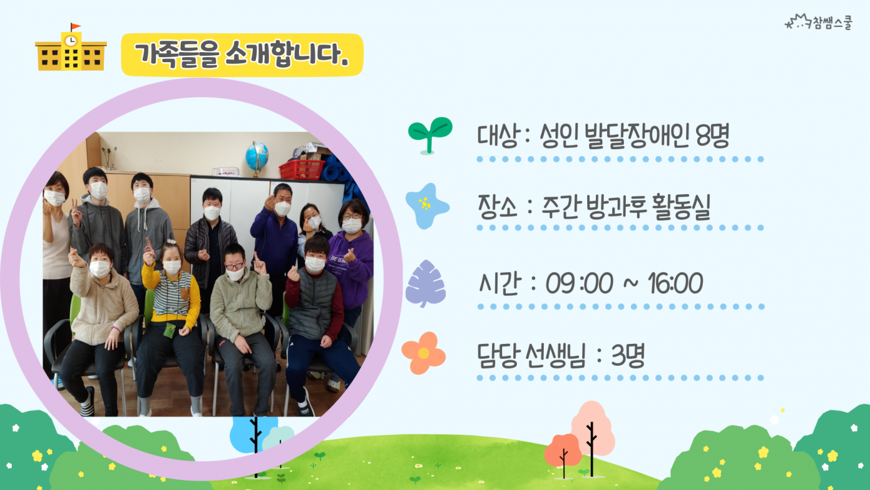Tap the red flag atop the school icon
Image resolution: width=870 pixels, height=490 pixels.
tap(75, 27)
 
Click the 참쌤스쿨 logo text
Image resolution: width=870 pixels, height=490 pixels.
tap(832, 22)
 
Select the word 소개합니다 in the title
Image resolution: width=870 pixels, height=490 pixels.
tap(286, 54)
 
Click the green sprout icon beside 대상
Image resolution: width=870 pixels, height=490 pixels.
tap(430, 135)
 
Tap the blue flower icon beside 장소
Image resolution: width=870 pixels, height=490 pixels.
tap(427, 206)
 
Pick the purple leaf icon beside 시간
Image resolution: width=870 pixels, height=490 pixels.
tap(426, 284)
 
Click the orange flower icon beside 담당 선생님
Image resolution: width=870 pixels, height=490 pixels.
tap(423, 353)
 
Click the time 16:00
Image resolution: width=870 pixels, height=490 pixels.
tap(675, 283)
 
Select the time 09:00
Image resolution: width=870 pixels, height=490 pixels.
tap(579, 283)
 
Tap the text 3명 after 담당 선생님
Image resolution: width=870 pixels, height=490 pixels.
tap(628, 355)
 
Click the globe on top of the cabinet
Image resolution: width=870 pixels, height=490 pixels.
tap(256, 157)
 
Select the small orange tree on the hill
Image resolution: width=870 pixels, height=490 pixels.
tap(563, 451)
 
